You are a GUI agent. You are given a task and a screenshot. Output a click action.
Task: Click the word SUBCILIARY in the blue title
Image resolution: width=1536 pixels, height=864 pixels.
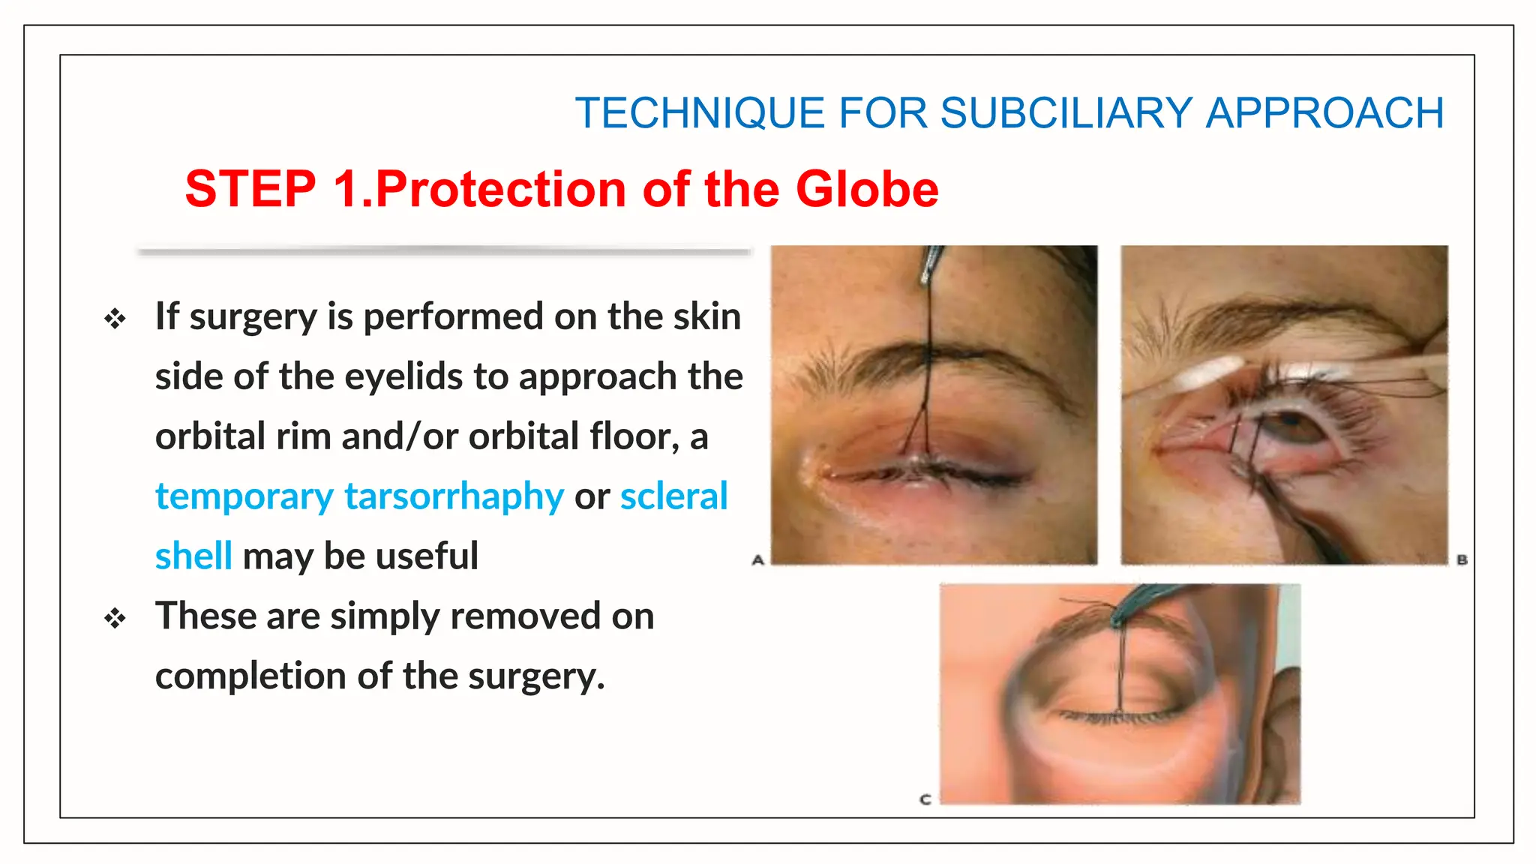1066,113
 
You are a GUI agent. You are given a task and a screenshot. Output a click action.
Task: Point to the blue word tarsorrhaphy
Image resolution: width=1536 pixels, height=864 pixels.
454,496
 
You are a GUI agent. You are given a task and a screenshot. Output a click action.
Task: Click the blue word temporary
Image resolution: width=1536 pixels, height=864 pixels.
244,496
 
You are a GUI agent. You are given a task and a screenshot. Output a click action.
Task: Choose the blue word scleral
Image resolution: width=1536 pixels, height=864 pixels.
673,496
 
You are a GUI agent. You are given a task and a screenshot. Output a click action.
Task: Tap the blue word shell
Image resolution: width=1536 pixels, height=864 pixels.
193,556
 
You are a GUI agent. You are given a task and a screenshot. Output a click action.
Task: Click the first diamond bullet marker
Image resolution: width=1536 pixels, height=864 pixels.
115,319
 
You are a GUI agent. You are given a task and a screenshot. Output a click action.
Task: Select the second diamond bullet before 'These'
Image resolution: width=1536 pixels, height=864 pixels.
115,619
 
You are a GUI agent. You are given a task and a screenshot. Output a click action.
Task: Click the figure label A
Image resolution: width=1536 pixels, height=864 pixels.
757,559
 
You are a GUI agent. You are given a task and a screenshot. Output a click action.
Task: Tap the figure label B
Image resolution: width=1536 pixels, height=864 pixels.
1462,559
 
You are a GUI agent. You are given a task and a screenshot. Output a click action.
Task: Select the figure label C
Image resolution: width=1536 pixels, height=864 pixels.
925,799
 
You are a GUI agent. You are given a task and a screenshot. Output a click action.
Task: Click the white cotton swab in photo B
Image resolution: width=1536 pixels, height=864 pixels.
1207,371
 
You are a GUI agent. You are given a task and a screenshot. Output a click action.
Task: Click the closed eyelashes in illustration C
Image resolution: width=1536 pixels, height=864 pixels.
1117,717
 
